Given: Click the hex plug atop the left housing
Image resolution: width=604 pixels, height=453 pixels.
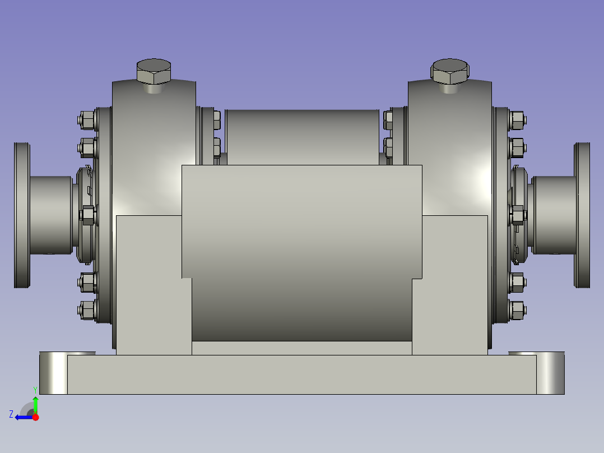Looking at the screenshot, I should (x=154, y=71).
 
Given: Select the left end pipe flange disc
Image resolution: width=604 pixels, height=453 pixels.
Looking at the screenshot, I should (x=22, y=215).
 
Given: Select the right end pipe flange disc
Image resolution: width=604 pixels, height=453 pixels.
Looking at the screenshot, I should (x=582, y=215).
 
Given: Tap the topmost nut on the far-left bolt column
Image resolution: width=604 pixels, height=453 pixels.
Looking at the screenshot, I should (x=87, y=119).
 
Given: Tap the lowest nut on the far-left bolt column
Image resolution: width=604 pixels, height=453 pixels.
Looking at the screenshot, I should (x=87, y=309).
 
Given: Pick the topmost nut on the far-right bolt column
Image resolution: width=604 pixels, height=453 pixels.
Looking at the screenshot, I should (x=517, y=119).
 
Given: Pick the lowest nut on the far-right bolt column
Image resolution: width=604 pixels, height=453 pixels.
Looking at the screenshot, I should (x=517, y=308).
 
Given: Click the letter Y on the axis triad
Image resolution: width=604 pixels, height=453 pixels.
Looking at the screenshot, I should (x=35, y=389).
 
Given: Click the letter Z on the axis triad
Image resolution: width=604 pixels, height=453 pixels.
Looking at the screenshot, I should (x=11, y=414).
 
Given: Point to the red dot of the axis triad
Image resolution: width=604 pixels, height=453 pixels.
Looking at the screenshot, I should (x=35, y=417).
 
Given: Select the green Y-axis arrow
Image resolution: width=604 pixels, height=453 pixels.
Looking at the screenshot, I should (x=35, y=404).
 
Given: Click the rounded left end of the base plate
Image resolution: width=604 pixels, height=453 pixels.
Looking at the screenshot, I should (x=53, y=374).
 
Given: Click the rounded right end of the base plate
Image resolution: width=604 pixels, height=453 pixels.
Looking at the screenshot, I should (x=550, y=374).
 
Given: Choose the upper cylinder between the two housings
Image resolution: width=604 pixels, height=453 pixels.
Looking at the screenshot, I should (x=301, y=135).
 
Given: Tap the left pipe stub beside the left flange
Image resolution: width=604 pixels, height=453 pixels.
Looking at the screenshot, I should (x=50, y=215).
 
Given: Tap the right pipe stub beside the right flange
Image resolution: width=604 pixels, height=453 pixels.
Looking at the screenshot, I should (x=554, y=215).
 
